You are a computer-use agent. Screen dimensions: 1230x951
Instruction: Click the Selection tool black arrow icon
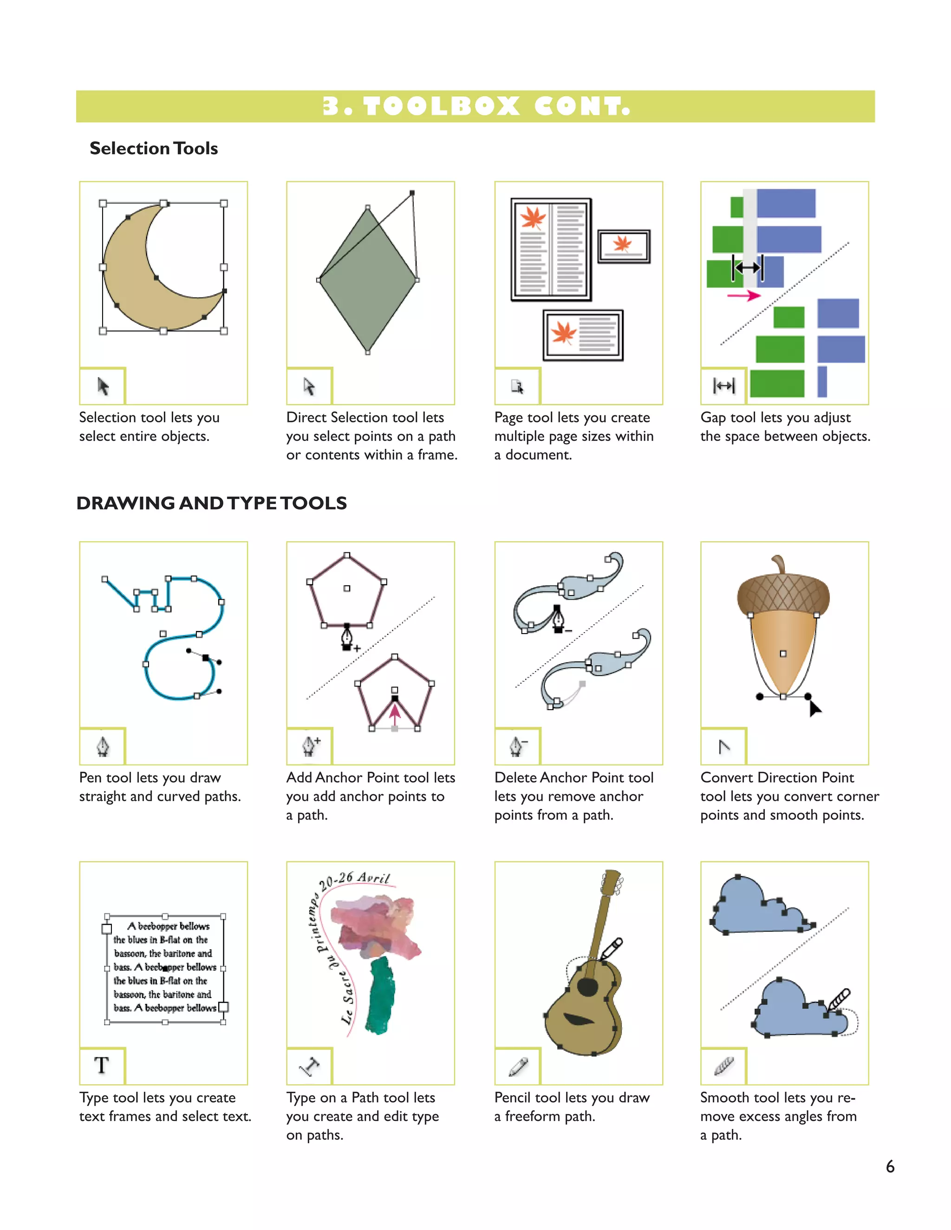(103, 386)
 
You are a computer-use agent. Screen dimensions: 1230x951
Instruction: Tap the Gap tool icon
(723, 386)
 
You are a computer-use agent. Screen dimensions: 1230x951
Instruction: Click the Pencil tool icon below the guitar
(518, 1066)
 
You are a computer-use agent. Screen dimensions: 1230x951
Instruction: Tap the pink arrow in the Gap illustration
(744, 295)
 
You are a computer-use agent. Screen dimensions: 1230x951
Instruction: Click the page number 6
(890, 1166)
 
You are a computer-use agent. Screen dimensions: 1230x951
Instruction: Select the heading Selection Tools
(153, 148)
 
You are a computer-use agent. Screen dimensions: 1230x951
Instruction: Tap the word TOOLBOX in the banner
(441, 106)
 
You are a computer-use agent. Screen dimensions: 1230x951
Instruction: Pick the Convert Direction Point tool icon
(724, 747)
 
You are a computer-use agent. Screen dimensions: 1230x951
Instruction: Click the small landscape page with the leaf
(624, 246)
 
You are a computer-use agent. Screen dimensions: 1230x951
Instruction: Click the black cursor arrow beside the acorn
(814, 708)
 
